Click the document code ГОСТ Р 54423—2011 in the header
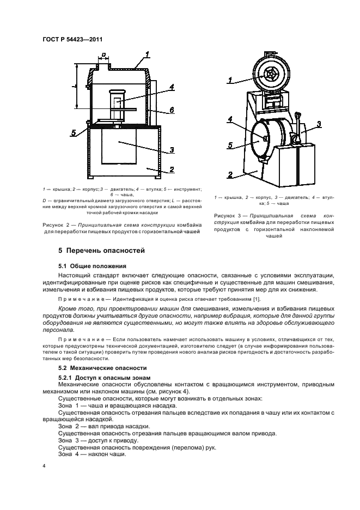(x=72, y=39)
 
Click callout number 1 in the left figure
(x=147, y=54)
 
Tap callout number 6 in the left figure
(x=171, y=110)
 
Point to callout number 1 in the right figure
(x=230, y=80)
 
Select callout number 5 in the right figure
(x=230, y=145)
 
